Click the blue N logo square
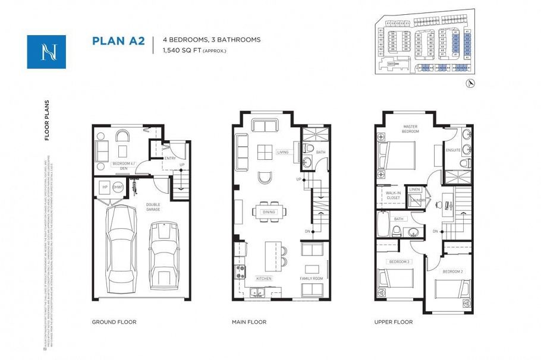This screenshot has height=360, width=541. (46, 52)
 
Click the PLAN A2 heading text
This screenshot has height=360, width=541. (118, 41)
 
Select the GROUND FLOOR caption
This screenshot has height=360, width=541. (114, 322)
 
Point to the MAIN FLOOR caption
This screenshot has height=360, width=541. (249, 322)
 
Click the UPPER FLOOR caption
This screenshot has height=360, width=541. (394, 322)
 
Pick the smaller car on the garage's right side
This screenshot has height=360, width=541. (162, 252)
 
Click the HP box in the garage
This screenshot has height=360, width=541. (105, 187)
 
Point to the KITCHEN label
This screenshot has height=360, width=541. (264, 278)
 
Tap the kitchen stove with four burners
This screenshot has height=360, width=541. (241, 272)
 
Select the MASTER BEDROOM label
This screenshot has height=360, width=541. (410, 129)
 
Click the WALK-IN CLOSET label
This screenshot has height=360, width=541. (392, 195)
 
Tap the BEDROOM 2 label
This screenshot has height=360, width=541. (452, 271)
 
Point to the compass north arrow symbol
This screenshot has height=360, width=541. (471, 84)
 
